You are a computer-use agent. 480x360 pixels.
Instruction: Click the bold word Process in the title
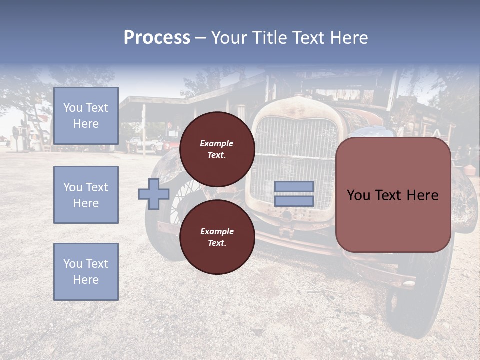point(157,38)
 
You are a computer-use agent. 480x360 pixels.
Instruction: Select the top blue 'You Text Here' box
point(86,116)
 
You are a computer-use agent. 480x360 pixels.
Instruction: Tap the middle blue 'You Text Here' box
point(86,195)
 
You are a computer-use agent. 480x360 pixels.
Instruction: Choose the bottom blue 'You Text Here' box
point(86,272)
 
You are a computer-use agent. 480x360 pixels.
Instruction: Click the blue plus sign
point(153,194)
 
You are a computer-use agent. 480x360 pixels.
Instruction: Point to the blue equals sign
point(294,194)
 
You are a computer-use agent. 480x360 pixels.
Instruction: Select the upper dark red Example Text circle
point(217,149)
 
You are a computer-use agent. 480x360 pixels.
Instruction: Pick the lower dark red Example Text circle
point(217,237)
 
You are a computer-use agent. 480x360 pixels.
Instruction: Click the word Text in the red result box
point(393,195)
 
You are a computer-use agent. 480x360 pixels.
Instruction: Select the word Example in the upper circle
point(217,143)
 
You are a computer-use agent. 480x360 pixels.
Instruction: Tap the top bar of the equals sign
point(294,187)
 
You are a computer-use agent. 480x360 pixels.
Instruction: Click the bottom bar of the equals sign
point(294,201)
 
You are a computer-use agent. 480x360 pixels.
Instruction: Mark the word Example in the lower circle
point(217,231)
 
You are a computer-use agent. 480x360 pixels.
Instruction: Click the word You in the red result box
point(358,195)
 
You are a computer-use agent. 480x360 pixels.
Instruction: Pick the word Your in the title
point(229,38)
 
